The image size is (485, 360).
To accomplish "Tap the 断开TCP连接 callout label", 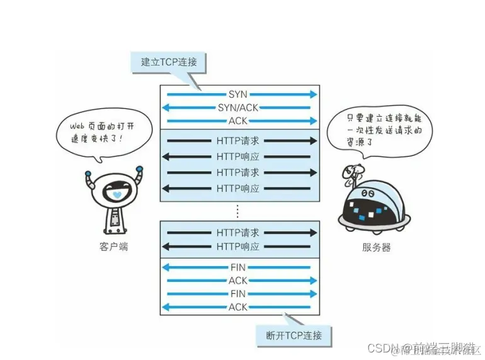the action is coord(294,335).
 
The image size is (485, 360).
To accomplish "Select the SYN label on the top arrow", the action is coord(238,95).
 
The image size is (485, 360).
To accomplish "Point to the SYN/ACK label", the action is coord(238,108).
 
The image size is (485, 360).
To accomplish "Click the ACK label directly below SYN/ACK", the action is coord(238,121).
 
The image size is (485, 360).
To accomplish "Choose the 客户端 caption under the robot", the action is coord(113,247).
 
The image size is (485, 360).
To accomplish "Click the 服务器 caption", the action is coord(377,247).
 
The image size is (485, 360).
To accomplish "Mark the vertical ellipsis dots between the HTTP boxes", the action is coord(238,210).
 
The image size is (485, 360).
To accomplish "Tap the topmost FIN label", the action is coord(238,267).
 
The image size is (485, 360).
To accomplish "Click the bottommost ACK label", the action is coord(238,307).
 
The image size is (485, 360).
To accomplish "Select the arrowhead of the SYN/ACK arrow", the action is coord(166,108).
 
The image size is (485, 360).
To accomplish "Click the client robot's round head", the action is coord(114,189).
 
